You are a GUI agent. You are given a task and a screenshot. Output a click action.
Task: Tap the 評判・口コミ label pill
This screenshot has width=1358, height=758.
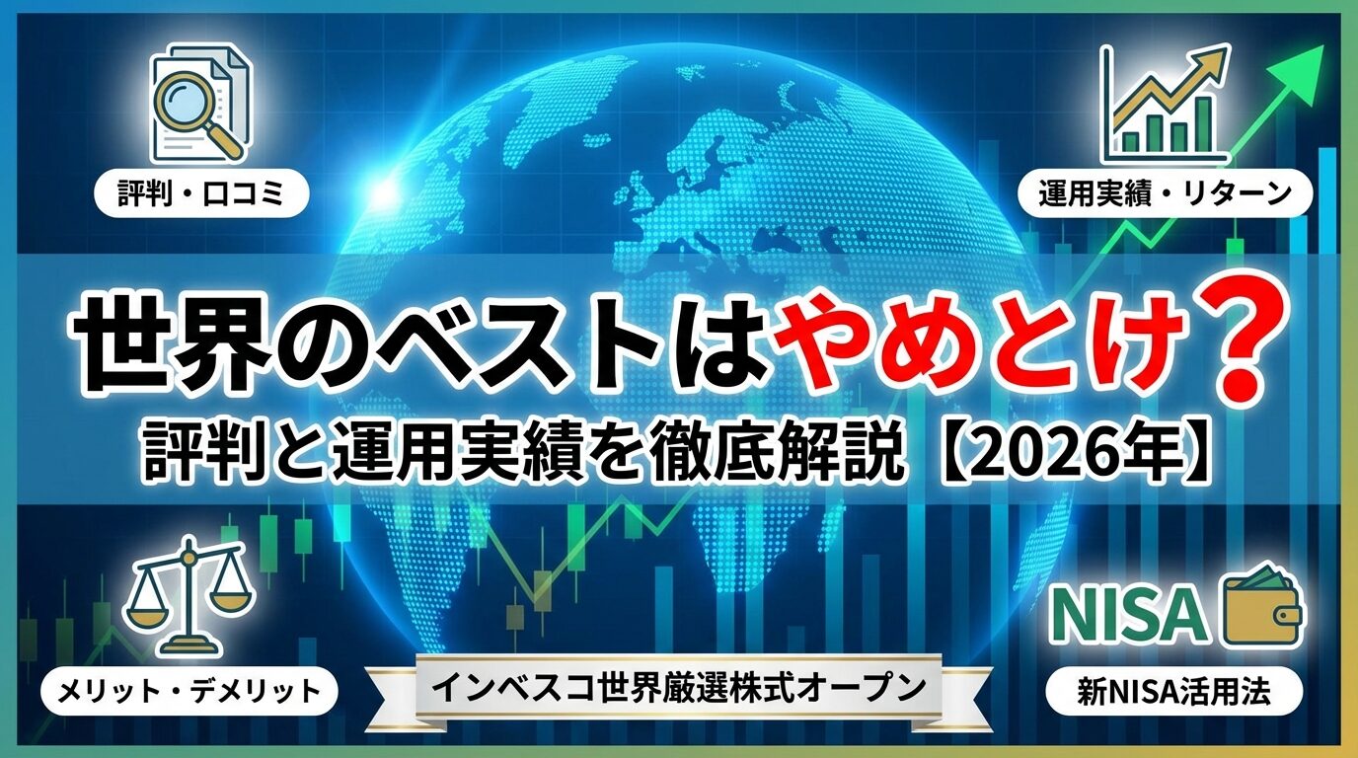pos(200,194)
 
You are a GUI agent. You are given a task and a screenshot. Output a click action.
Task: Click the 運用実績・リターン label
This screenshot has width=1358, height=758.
pos(1165,194)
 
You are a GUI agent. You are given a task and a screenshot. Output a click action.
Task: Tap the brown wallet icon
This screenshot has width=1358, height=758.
pos(1262,611)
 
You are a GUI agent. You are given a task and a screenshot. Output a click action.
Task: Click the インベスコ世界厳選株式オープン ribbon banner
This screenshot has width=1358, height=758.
pos(679,687)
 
